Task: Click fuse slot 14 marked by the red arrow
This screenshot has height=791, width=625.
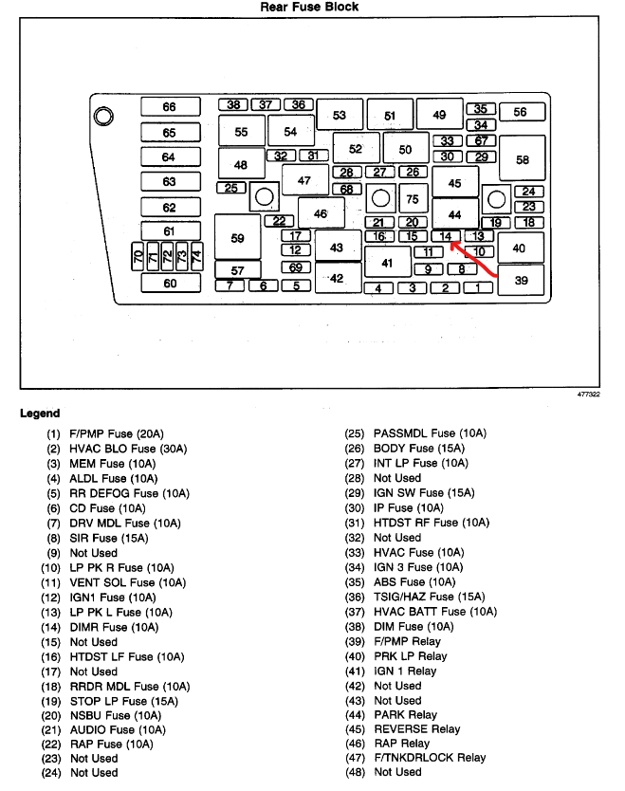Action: tap(445, 236)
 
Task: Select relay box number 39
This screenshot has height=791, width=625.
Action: tap(521, 280)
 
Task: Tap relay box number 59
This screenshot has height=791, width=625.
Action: tap(237, 238)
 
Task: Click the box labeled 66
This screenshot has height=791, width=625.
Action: tap(170, 107)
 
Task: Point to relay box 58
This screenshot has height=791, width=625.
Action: tap(522, 159)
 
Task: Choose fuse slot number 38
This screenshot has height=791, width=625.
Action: tap(233, 104)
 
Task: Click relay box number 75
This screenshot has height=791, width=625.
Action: tap(412, 199)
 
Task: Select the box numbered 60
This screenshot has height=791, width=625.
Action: tap(171, 283)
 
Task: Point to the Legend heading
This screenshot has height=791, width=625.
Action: tap(40, 414)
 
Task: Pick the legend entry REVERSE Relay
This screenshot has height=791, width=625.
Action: tap(417, 728)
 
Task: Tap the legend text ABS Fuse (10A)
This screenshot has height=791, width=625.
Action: tap(414, 581)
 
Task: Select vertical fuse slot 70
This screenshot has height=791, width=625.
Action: tap(138, 256)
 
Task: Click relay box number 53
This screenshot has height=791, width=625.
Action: tap(340, 116)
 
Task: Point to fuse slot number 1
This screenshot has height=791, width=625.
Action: tap(478, 287)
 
